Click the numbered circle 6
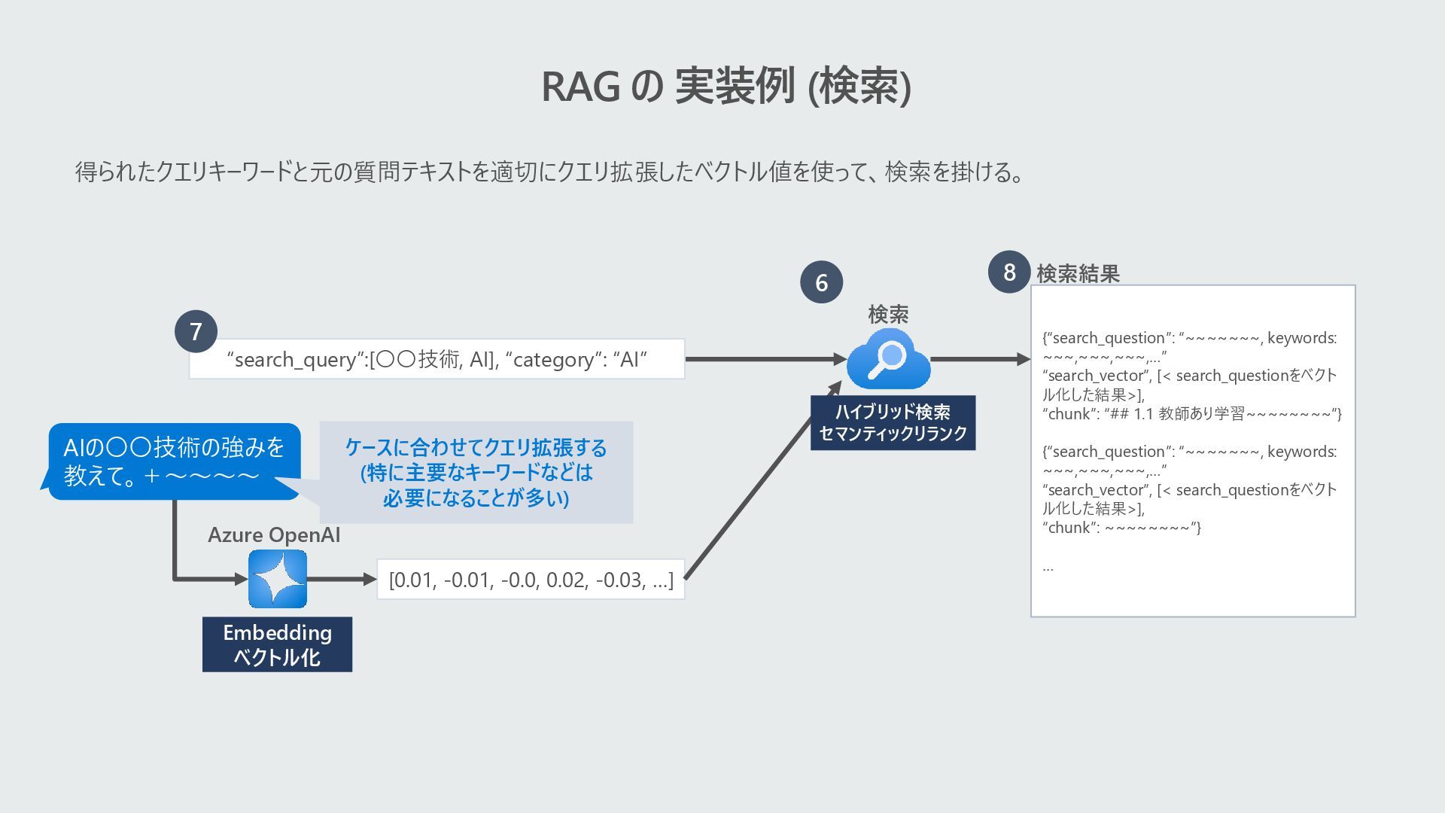coord(821,282)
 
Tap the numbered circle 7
coord(196,331)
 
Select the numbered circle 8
coord(1008,272)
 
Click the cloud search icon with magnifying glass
coord(888,359)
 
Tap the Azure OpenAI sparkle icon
coord(278,579)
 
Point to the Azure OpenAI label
coord(274,535)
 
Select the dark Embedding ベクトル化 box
coord(277,644)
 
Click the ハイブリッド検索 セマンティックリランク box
coord(893,423)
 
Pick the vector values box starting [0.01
coord(531,580)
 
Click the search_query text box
coord(437,359)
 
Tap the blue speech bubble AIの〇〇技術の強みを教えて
coord(174,461)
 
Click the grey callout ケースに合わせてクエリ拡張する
coord(476,473)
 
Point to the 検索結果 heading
coord(1078,273)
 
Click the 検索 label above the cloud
coord(888,314)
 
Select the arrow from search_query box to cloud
coord(764,359)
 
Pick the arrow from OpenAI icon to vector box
coord(341,579)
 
